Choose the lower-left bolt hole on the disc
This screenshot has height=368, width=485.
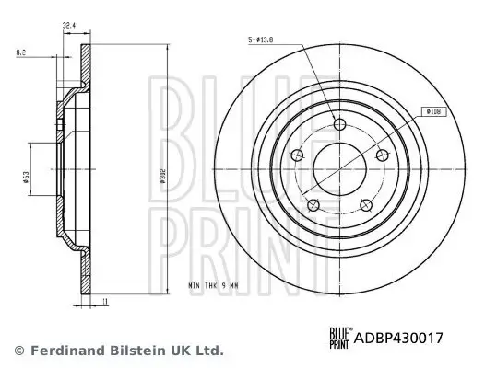click(x=313, y=203)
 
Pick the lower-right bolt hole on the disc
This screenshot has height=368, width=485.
click(x=364, y=203)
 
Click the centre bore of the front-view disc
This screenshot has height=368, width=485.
click(x=338, y=167)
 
